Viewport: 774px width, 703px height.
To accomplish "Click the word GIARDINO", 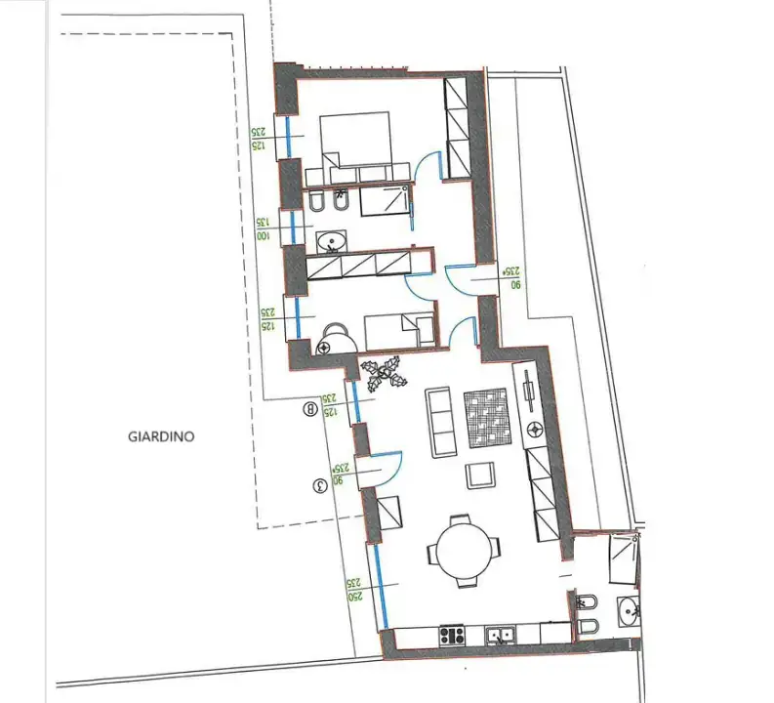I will tap(161, 436).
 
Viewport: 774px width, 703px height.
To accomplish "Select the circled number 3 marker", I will tap(316, 484).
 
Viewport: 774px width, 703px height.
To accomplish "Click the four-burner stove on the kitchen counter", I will tap(451, 636).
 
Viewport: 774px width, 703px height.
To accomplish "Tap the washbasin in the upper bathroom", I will tap(331, 238).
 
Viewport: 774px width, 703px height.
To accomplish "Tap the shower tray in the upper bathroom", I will tap(386, 201).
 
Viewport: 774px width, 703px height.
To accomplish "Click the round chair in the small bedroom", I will tap(336, 339).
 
